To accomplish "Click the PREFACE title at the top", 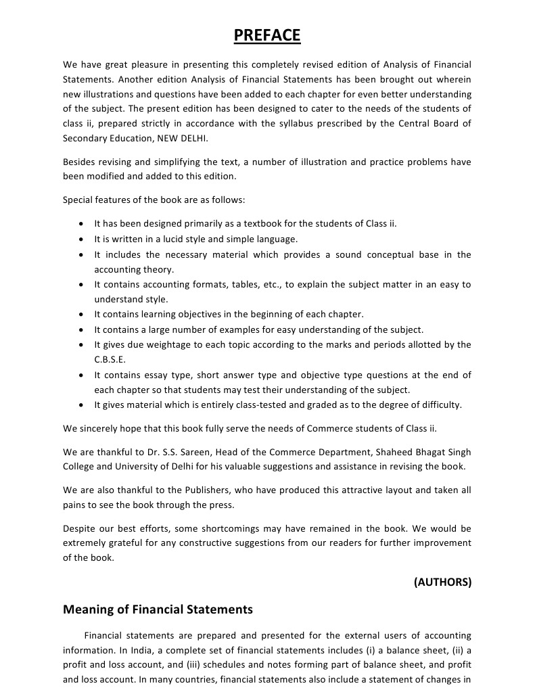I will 267,34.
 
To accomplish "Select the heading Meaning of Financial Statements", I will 158,609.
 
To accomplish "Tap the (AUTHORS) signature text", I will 442,581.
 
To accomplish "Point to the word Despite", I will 79,528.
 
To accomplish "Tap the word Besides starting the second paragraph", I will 80,162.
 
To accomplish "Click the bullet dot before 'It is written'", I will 81,239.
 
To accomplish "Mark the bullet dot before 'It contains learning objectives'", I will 81,315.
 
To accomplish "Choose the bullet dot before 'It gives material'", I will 81,405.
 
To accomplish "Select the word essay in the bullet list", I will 154,375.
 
